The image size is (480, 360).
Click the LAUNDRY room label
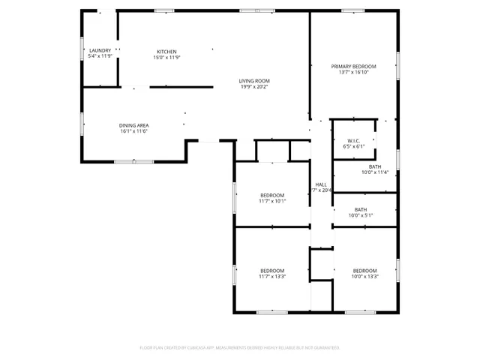pyautogui.click(x=100, y=50)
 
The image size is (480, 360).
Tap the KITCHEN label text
pyautogui.click(x=166, y=51)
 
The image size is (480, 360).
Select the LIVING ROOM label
pyautogui.click(x=254, y=80)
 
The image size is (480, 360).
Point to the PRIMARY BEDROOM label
pyautogui.click(x=354, y=66)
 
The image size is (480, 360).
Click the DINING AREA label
pyautogui.click(x=133, y=125)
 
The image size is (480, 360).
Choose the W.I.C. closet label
pyautogui.click(x=354, y=140)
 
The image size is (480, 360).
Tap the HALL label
pyautogui.click(x=321, y=184)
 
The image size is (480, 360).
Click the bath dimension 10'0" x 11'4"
pyautogui.click(x=375, y=172)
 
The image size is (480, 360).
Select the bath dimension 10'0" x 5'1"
pyautogui.click(x=361, y=215)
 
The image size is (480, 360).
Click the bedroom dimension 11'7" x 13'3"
pyautogui.click(x=272, y=276)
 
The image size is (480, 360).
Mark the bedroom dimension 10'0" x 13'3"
pyautogui.click(x=364, y=276)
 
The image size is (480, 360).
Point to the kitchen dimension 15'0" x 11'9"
pyautogui.click(x=166, y=57)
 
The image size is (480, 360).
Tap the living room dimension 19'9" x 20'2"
pyautogui.click(x=254, y=86)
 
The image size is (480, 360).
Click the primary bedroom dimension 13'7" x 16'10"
pyautogui.click(x=354, y=72)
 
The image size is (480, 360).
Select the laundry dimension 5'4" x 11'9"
pyautogui.click(x=100, y=56)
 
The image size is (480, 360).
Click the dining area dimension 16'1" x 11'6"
pyautogui.click(x=133, y=131)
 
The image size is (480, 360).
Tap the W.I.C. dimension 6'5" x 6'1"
pyautogui.click(x=354, y=146)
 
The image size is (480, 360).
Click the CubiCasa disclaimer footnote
pyautogui.click(x=239, y=348)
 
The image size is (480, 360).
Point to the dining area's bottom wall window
pyautogui.click(x=133, y=161)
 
